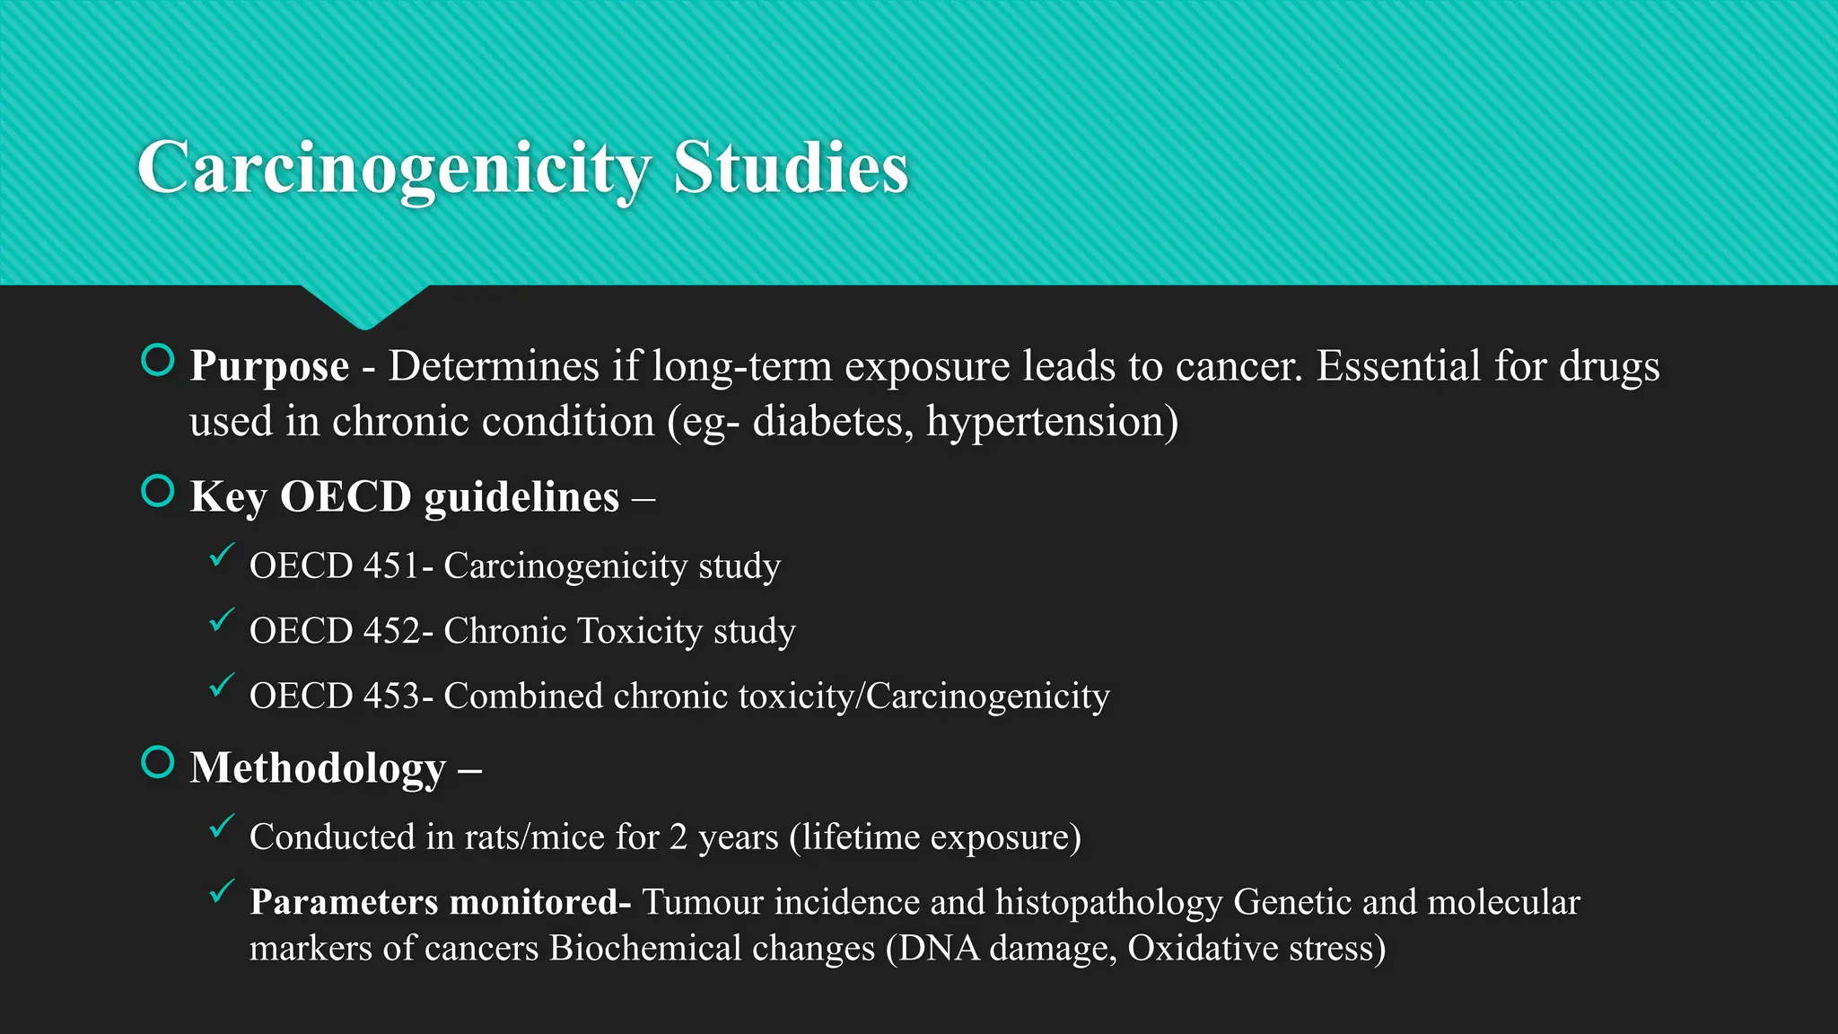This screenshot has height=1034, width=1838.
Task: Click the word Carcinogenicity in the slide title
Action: tap(394, 168)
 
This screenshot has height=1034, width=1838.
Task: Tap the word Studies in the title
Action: tap(791, 168)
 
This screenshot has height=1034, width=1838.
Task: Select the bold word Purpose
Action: tap(269, 366)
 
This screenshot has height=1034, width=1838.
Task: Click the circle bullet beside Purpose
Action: tap(158, 361)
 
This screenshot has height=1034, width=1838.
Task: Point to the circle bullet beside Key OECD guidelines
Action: tap(158, 492)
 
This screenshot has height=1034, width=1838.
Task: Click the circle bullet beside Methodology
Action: tap(158, 763)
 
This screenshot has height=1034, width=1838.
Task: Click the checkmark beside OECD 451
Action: tap(222, 556)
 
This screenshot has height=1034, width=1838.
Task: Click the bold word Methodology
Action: tap(318, 768)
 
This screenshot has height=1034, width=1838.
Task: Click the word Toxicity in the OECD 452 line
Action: tap(640, 632)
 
